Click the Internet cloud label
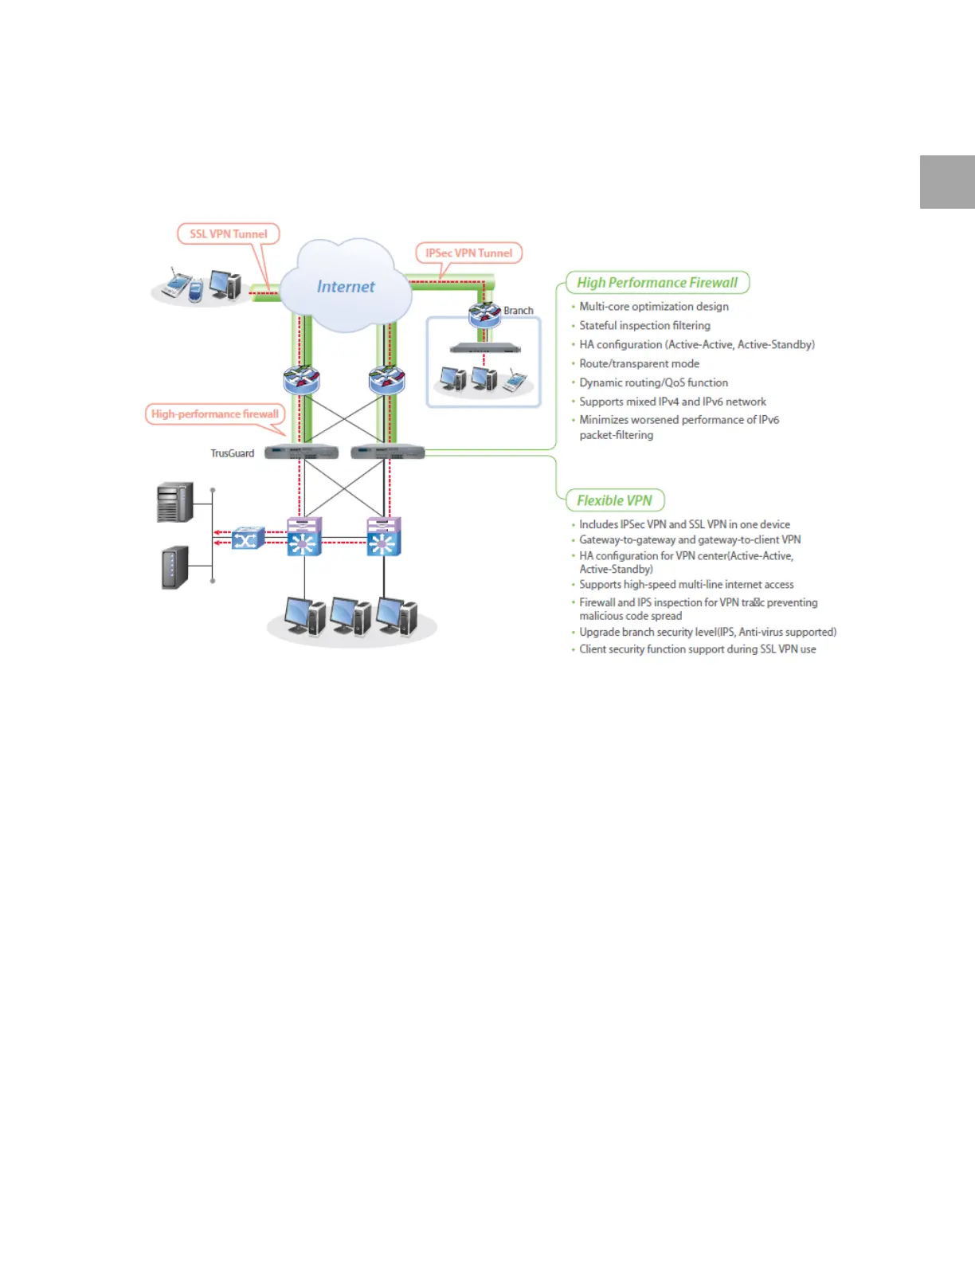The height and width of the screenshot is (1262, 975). (346, 287)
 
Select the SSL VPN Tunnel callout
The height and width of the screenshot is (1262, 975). (229, 234)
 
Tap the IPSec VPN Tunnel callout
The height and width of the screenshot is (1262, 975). (468, 253)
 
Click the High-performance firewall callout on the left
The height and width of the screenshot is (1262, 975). (215, 414)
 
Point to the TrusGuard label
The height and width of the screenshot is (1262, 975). (232, 453)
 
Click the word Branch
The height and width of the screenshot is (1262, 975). (519, 311)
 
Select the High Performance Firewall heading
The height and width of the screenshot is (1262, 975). (657, 283)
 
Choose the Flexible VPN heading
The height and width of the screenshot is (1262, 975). (614, 500)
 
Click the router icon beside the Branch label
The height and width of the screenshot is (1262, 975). (484, 315)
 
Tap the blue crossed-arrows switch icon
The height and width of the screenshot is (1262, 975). (248, 539)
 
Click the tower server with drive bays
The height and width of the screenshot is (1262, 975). (175, 502)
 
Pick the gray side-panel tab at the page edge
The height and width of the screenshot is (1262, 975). (947, 182)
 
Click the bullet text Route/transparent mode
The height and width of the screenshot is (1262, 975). (639, 364)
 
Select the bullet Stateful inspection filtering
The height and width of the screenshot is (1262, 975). (644, 326)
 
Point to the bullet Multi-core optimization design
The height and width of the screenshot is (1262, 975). (653, 307)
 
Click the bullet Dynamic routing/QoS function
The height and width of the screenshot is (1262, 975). (653, 383)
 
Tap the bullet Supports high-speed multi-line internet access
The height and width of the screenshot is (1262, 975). (686, 585)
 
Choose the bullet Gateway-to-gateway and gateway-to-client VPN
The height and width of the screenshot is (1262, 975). (690, 540)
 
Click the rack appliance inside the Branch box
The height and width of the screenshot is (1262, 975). (484, 349)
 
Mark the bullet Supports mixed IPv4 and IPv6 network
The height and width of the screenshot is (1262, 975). (672, 402)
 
